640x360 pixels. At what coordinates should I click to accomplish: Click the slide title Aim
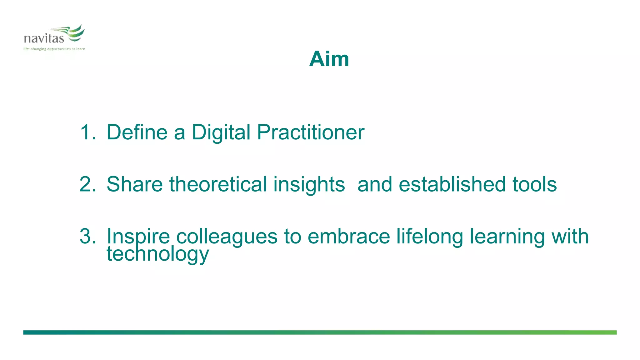pyautogui.click(x=329, y=59)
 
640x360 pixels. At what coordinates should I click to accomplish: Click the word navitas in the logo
pyautogui.click(x=44, y=38)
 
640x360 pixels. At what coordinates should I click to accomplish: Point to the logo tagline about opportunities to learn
pyautogui.click(x=54, y=49)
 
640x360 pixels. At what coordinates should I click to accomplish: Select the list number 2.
pyautogui.click(x=87, y=184)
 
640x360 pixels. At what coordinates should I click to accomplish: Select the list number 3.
pyautogui.click(x=87, y=236)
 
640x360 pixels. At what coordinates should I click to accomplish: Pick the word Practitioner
pyautogui.click(x=311, y=132)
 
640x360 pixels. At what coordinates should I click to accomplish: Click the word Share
pyautogui.click(x=134, y=184)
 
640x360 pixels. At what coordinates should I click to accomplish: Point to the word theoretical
pyautogui.click(x=218, y=184)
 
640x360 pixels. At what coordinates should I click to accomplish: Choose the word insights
pyautogui.click(x=309, y=185)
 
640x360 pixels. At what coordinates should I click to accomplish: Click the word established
pyautogui.click(x=452, y=184)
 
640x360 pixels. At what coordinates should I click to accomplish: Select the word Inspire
pyautogui.click(x=138, y=237)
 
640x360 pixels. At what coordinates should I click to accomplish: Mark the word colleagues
pyautogui.click(x=227, y=237)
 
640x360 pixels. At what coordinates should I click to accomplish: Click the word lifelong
pyautogui.click(x=430, y=237)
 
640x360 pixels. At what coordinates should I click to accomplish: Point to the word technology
pyautogui.click(x=158, y=254)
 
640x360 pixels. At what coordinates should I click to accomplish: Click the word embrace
pyautogui.click(x=349, y=237)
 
